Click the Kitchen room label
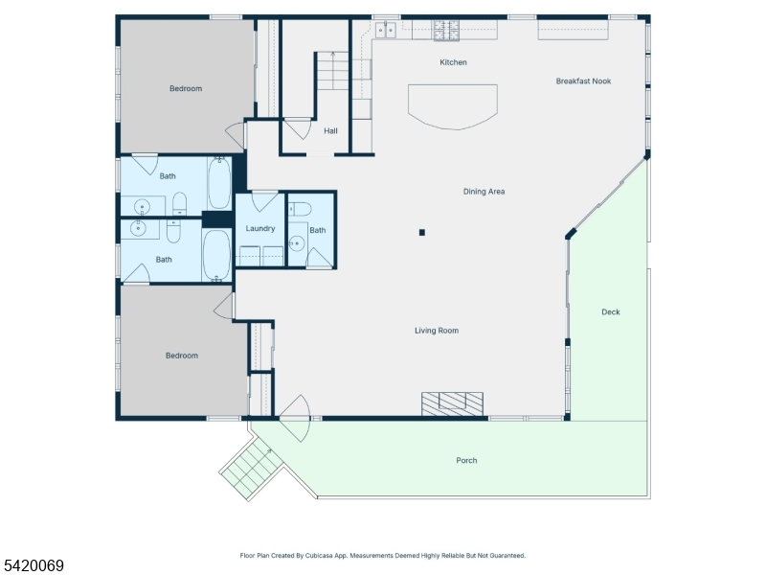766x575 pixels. click(x=453, y=62)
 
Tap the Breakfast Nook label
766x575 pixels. click(x=583, y=81)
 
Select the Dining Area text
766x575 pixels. click(x=484, y=192)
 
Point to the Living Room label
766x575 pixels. click(x=437, y=331)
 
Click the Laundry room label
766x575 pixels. click(x=259, y=228)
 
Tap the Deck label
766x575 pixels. click(x=611, y=312)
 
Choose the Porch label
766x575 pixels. click(x=466, y=460)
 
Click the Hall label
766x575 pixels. click(x=330, y=131)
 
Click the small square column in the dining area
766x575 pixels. click(x=422, y=232)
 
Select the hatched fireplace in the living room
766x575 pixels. click(x=452, y=403)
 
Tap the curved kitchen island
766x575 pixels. click(x=453, y=107)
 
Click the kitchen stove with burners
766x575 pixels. click(x=446, y=31)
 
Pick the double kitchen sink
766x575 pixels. click(x=386, y=30)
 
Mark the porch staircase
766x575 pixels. click(x=252, y=469)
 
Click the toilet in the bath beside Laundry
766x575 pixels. click(x=300, y=209)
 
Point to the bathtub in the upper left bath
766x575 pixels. click(x=219, y=183)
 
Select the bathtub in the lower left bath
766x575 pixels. click(x=216, y=256)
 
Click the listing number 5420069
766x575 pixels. click(x=32, y=565)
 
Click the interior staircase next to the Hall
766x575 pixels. click(x=332, y=71)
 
